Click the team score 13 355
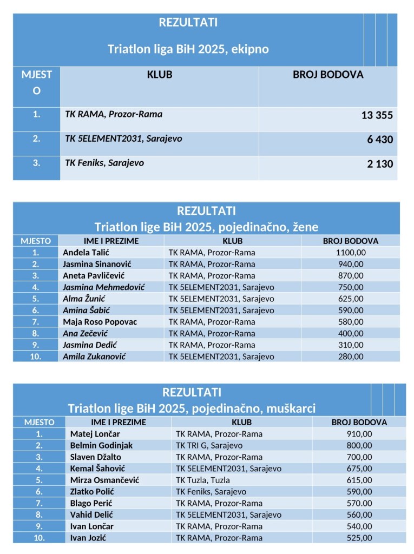[x=377, y=115]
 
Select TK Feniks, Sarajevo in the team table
[x=104, y=162]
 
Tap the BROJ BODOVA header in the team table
[x=328, y=75]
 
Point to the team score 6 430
[x=380, y=140]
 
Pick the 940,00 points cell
[x=351, y=264]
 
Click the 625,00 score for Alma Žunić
[x=351, y=299]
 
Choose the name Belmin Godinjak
[x=101, y=445]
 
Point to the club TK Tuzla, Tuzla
[x=203, y=480]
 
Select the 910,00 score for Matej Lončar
[x=359, y=434]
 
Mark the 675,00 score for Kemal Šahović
[x=359, y=469]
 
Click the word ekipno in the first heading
[x=250, y=49]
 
